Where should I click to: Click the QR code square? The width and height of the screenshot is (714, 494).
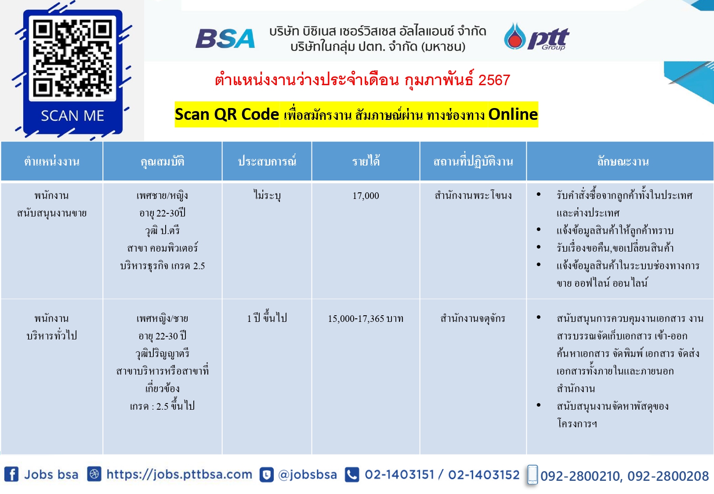(72, 58)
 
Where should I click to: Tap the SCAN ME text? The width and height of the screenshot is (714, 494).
(72, 115)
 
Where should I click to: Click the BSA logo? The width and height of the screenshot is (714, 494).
(225, 39)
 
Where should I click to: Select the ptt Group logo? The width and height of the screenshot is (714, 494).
(537, 36)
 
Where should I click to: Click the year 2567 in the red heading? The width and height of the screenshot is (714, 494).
(494, 80)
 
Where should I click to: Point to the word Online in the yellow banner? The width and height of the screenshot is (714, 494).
(513, 114)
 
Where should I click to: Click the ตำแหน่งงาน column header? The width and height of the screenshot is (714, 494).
(52, 162)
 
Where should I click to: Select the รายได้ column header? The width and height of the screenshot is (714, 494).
(366, 161)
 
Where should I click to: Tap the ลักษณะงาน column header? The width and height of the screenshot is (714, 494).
(623, 162)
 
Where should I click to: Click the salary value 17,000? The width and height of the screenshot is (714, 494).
(366, 195)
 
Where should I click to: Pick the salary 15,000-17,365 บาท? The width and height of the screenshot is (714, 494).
(366, 318)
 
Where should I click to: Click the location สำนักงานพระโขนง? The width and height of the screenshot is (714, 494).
(473, 195)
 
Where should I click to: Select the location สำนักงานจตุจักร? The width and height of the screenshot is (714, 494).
(473, 318)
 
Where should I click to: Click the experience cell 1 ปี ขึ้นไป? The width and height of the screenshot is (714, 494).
(267, 317)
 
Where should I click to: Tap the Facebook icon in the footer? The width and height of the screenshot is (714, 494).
(11, 474)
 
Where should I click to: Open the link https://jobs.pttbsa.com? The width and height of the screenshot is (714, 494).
(179, 475)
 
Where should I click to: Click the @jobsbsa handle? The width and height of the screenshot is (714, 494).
(307, 475)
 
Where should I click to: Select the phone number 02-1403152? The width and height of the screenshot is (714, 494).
(484, 475)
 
